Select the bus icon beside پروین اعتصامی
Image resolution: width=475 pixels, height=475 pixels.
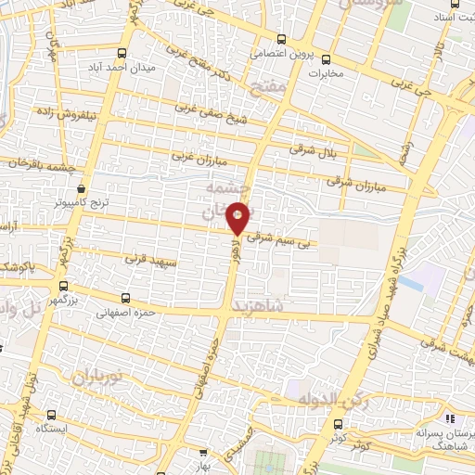tap(281, 39)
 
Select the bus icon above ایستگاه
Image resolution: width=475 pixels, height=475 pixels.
tap(51, 415)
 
